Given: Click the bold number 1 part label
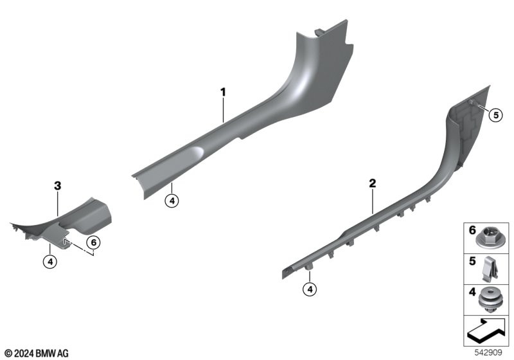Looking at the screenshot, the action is [x=223, y=92].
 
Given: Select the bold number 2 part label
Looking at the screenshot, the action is [x=373, y=183].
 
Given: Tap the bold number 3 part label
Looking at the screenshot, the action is [x=57, y=186].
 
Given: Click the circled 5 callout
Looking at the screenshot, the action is [x=495, y=115].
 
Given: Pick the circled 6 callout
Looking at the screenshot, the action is [x=93, y=242].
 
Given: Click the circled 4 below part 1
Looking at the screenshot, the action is [x=172, y=201].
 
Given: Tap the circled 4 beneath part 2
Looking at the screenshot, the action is [x=310, y=289].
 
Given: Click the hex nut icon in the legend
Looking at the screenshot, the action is [x=488, y=239].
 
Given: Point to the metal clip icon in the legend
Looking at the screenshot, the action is [x=490, y=269].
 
